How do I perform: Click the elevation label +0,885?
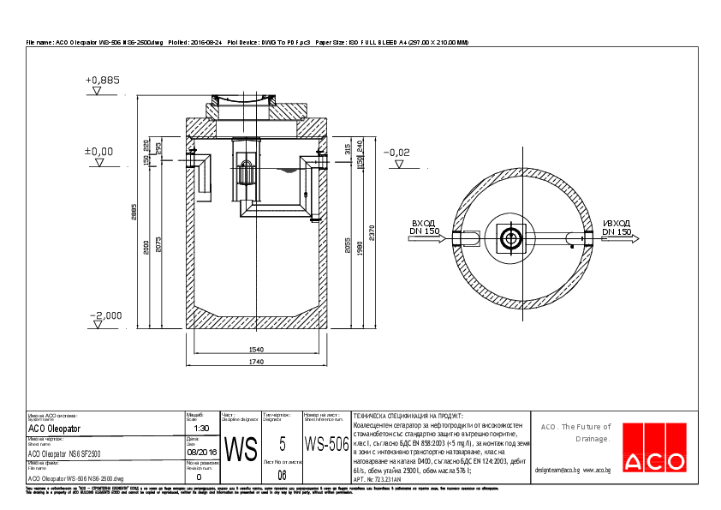pyautogui.click(x=103, y=80)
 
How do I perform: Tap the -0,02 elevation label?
pyautogui.click(x=397, y=152)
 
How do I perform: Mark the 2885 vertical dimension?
pyautogui.click(x=134, y=217)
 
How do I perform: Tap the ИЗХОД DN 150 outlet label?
pyautogui.click(x=616, y=226)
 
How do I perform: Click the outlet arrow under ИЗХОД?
pyautogui.click(x=617, y=239)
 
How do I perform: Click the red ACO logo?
pyautogui.click(x=655, y=448)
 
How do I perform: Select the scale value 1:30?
pyautogui.click(x=201, y=428)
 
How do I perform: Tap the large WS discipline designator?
pyautogui.click(x=240, y=447)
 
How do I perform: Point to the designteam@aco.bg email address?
pyautogui.click(x=557, y=471)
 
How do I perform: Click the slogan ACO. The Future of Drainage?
pyautogui.click(x=575, y=432)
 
